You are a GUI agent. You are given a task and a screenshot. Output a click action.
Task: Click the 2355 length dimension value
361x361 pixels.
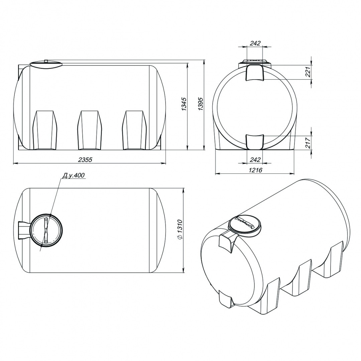(x=85, y=160)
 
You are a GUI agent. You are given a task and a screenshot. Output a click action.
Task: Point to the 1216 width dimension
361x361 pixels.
(x=256, y=170)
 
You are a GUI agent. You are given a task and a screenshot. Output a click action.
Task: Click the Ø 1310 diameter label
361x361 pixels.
(x=180, y=230)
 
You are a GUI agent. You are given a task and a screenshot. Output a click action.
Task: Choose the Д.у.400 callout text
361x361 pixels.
(x=74, y=175)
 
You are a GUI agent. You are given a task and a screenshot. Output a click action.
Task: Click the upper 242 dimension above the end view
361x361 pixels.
(x=255, y=43)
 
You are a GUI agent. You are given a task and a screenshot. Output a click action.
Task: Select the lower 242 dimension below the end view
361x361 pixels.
(x=255, y=159)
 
